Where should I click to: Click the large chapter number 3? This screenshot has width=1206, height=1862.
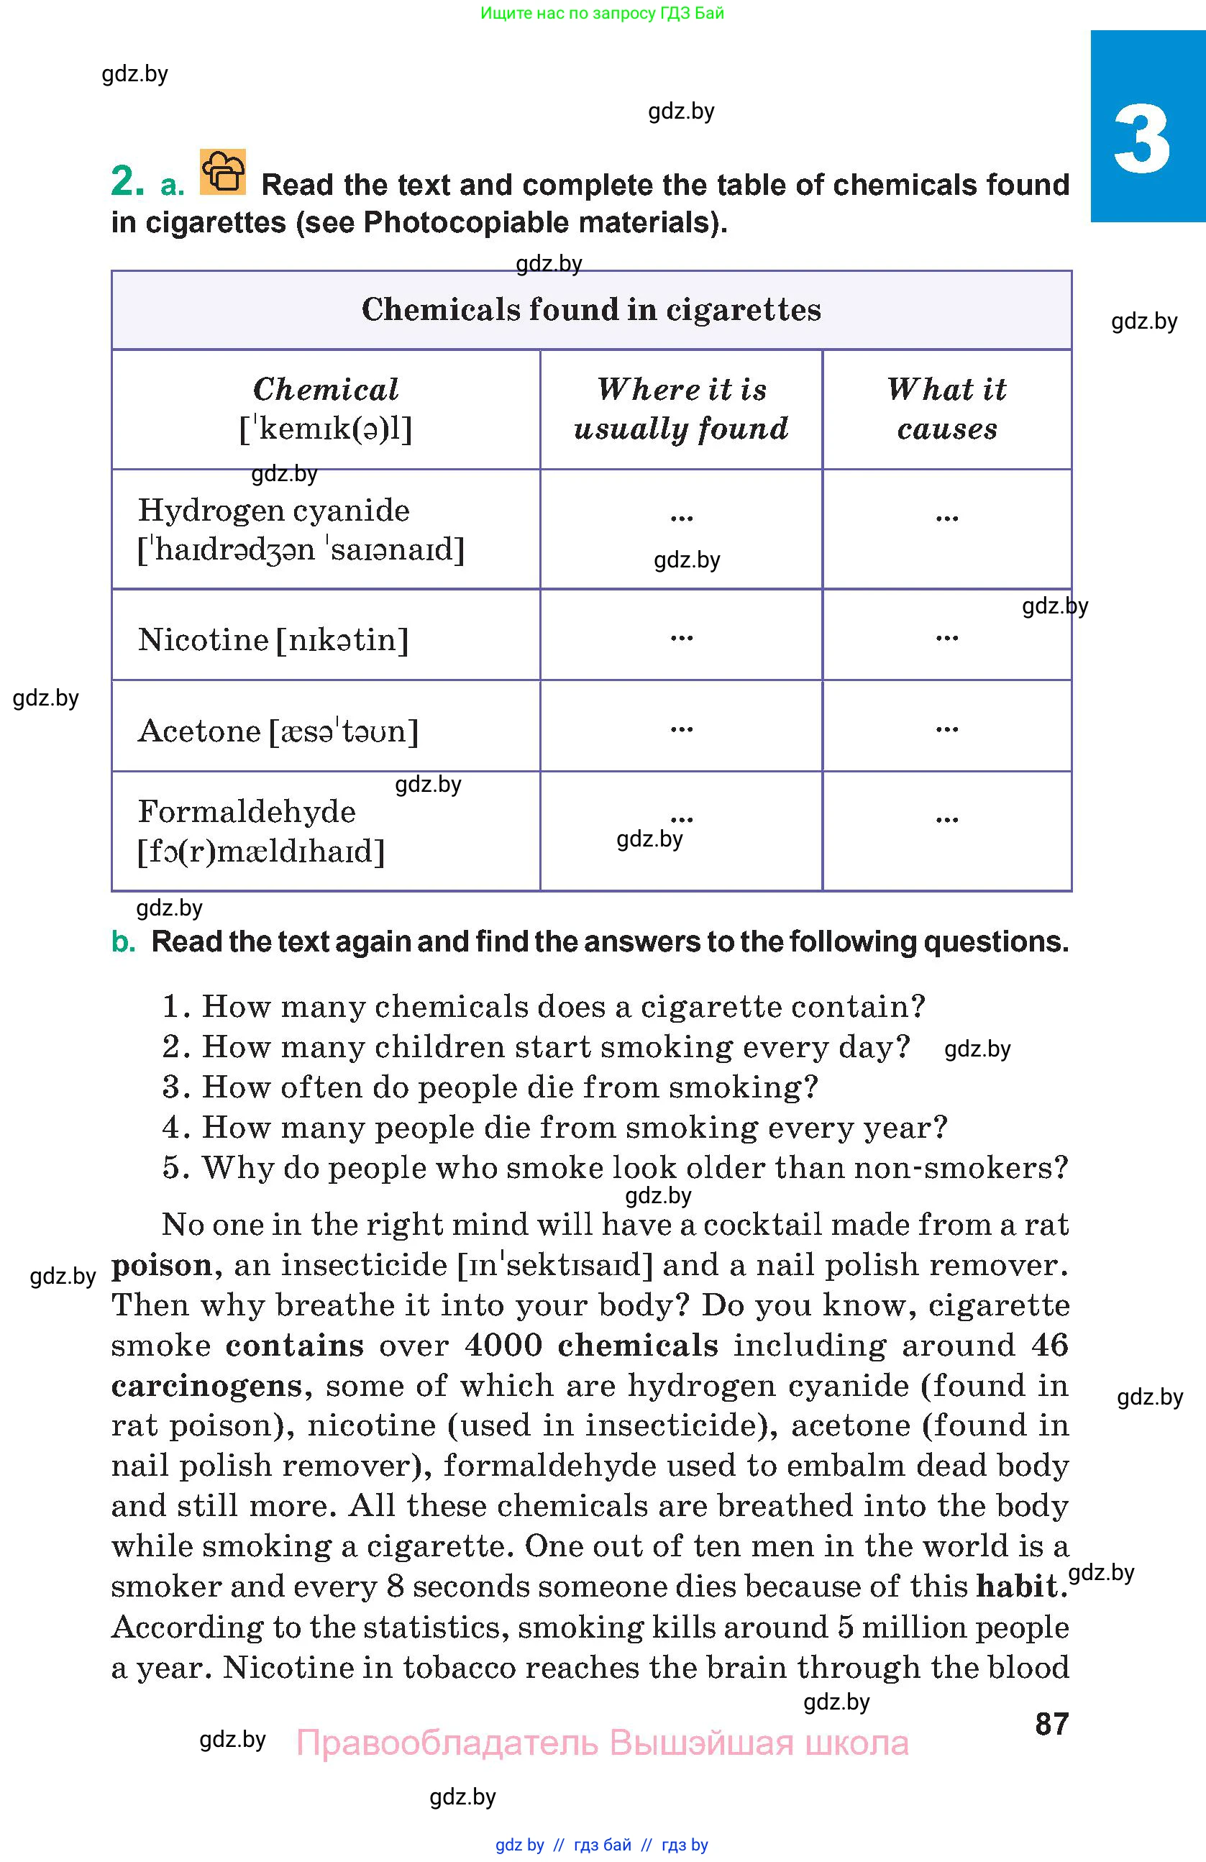(x=1142, y=142)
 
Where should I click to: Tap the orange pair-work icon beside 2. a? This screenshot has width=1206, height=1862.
(x=223, y=171)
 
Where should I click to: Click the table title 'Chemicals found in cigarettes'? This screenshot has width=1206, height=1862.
(x=591, y=310)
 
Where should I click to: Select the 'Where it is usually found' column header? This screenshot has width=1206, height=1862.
(x=680, y=409)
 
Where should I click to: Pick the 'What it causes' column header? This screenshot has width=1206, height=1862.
(x=946, y=409)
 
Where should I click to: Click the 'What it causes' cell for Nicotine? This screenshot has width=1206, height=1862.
(x=946, y=636)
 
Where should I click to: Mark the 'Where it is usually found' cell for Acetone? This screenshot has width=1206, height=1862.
(x=681, y=729)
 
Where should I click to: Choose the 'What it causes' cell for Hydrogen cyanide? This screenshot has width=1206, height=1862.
(x=946, y=517)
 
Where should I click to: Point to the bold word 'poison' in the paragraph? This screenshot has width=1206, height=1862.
(x=162, y=1266)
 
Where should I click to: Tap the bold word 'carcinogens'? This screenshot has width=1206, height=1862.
(x=206, y=1387)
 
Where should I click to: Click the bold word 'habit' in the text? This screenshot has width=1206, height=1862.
(x=1016, y=1587)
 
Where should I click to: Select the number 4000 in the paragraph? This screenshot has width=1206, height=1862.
(x=503, y=1346)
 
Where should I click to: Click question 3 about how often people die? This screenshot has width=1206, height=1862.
(x=490, y=1087)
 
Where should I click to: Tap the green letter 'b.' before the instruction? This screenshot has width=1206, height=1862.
(x=124, y=942)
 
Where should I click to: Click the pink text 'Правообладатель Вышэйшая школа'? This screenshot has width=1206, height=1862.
(x=602, y=1744)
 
